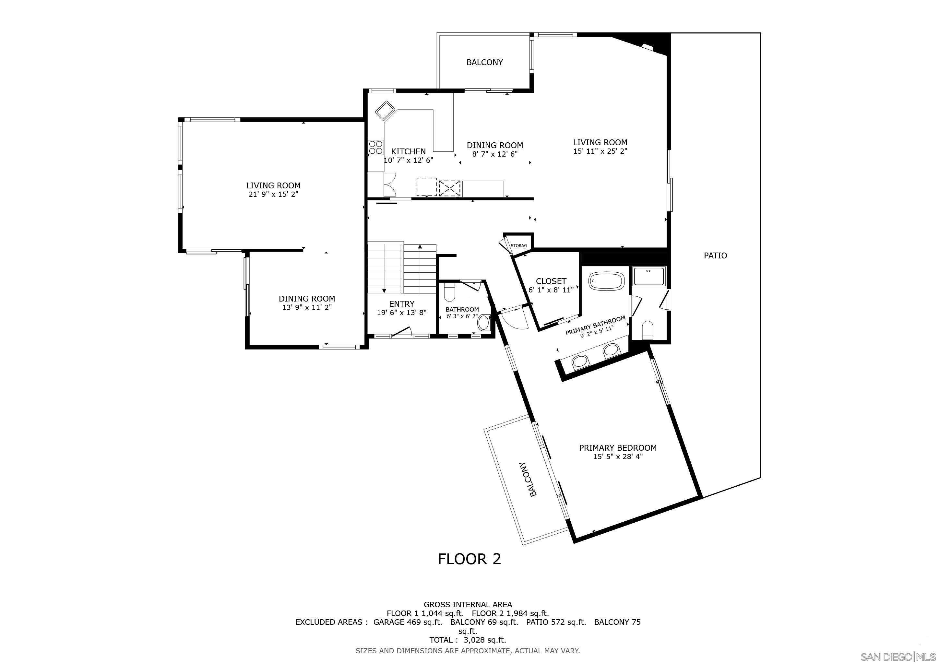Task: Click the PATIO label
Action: [x=715, y=255]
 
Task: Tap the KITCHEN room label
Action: [x=408, y=151]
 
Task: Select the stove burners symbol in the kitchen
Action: [x=375, y=147]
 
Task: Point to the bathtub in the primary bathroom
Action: [x=607, y=282]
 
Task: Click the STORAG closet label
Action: [x=518, y=246]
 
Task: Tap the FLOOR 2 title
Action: [x=469, y=559]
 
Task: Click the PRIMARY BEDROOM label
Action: [x=618, y=448]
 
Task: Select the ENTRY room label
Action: [x=402, y=304]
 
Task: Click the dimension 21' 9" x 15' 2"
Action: [x=273, y=194]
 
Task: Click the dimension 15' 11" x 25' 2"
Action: [x=600, y=151]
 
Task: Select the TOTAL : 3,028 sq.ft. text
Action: [x=468, y=640]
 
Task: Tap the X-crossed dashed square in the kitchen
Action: [x=449, y=188]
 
